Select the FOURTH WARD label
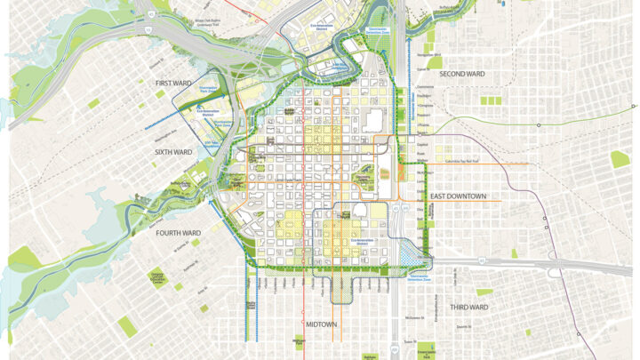179,233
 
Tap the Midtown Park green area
301,339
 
